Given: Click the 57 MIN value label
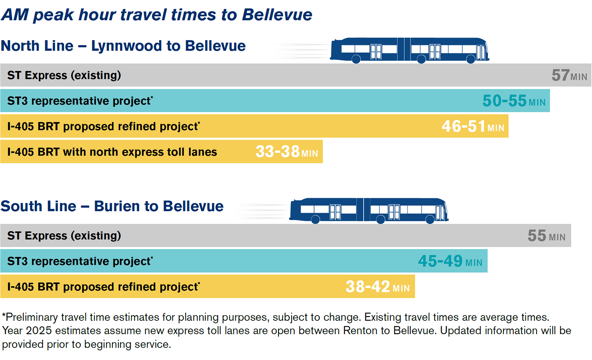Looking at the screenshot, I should click(x=569, y=75).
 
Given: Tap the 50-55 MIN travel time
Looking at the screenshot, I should click(x=514, y=101).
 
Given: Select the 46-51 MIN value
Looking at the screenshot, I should click(x=472, y=127).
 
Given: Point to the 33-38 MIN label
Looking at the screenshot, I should click(x=286, y=152).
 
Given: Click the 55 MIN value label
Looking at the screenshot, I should click(x=546, y=236).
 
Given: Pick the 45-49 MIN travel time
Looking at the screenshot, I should click(x=450, y=262).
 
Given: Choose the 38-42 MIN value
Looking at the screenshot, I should click(x=377, y=287).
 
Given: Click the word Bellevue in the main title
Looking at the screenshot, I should click(x=277, y=15).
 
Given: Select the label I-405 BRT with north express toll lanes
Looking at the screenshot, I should click(x=112, y=152).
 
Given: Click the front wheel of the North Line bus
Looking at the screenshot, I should click(x=470, y=59).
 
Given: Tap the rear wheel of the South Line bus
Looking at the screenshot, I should click(x=315, y=220).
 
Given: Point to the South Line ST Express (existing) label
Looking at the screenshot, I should click(x=64, y=236).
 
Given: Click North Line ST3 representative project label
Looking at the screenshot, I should click(x=80, y=101).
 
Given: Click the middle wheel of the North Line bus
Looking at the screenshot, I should click(x=421, y=59).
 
